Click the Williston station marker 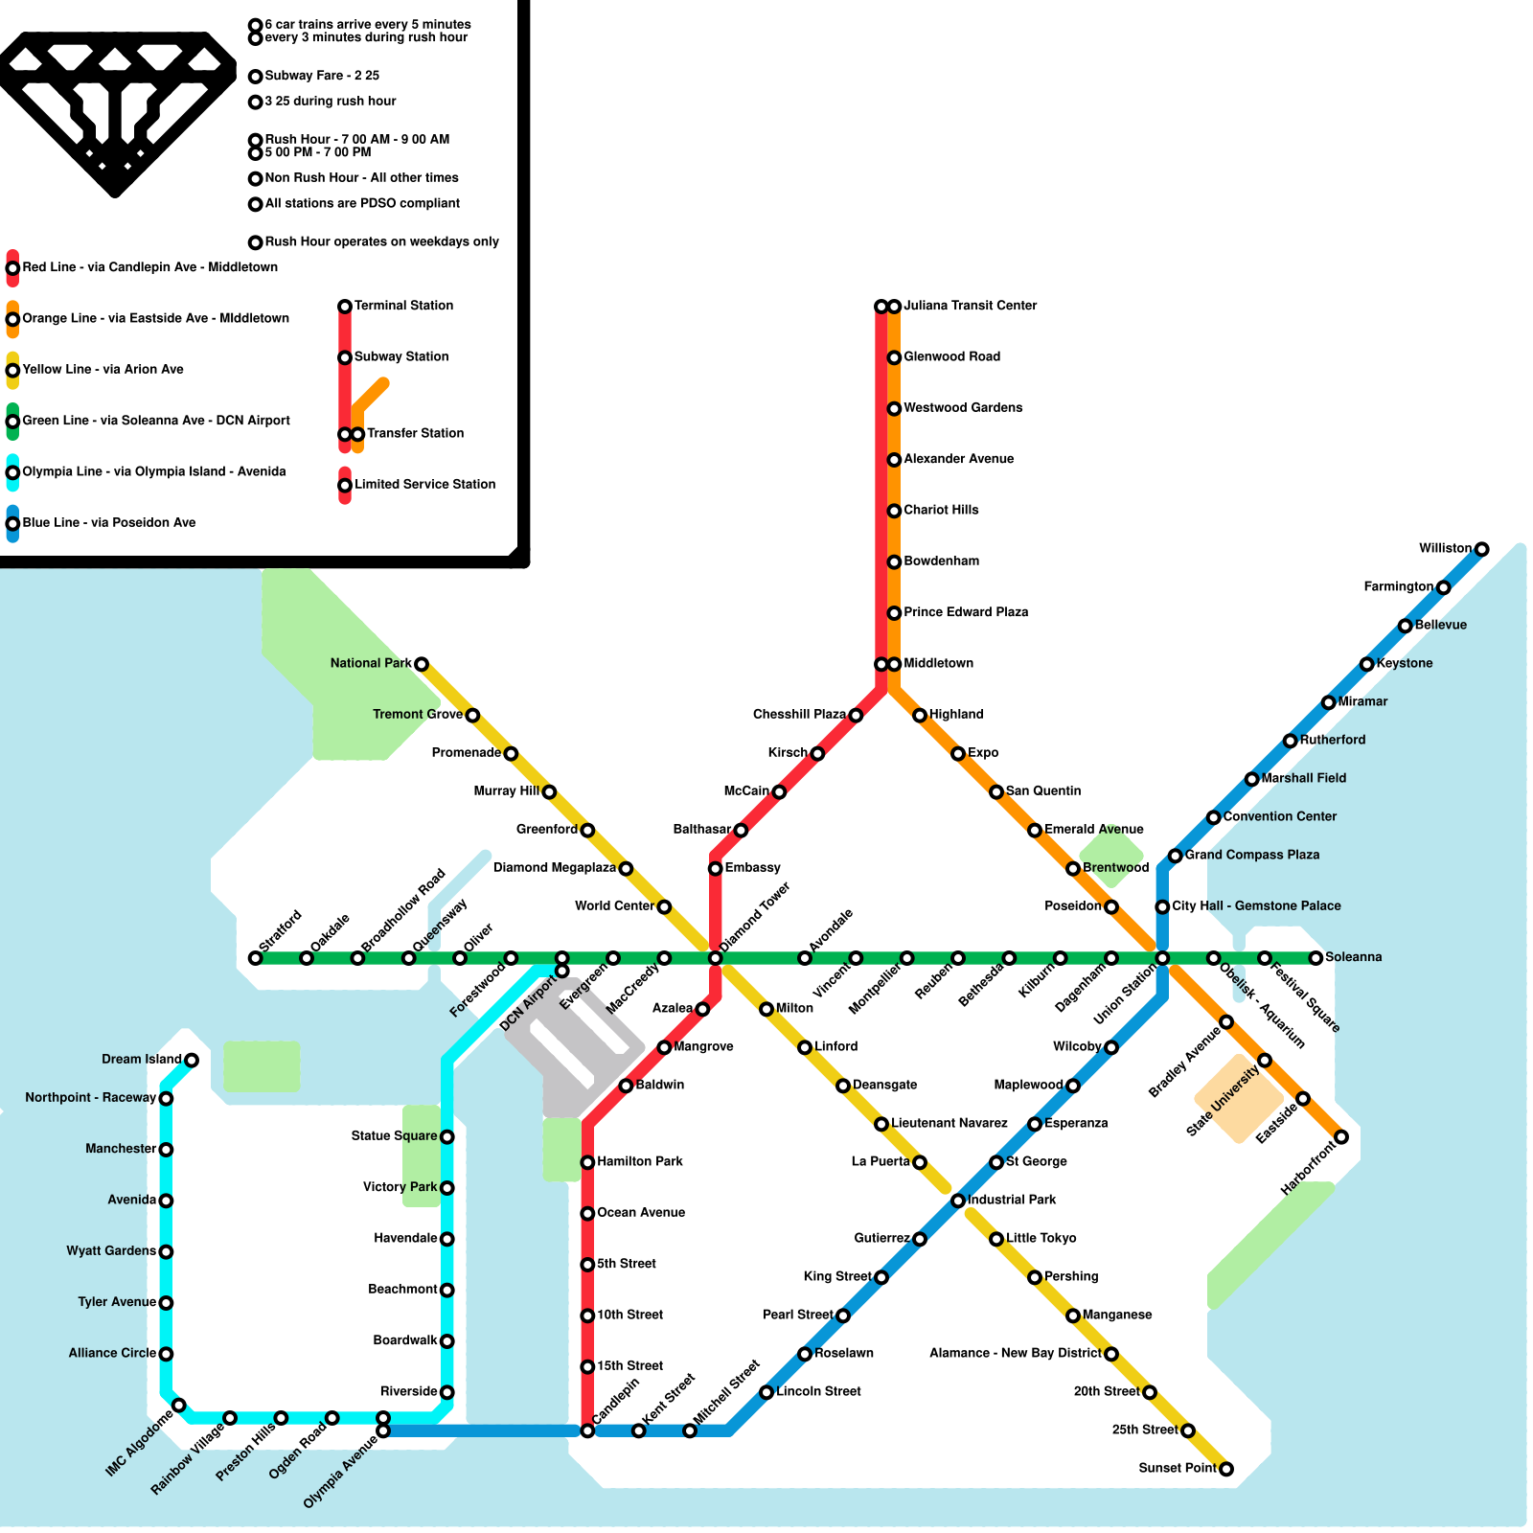click(1481, 549)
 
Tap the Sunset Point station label click(1177, 1468)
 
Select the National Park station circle click(421, 664)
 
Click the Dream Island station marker click(192, 1060)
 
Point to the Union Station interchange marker click(1162, 958)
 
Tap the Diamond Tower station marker click(715, 958)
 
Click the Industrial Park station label click(1012, 1200)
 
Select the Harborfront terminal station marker click(1341, 1137)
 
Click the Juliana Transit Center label click(970, 306)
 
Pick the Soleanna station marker click(1316, 958)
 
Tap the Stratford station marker click(255, 958)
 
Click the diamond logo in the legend click(115, 110)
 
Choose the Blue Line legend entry click(108, 522)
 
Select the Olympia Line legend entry click(153, 471)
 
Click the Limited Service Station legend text click(424, 484)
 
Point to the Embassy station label click(752, 868)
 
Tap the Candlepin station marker click(587, 1430)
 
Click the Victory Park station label click(400, 1187)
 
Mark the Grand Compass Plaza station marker click(1175, 856)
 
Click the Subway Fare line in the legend click(322, 76)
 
